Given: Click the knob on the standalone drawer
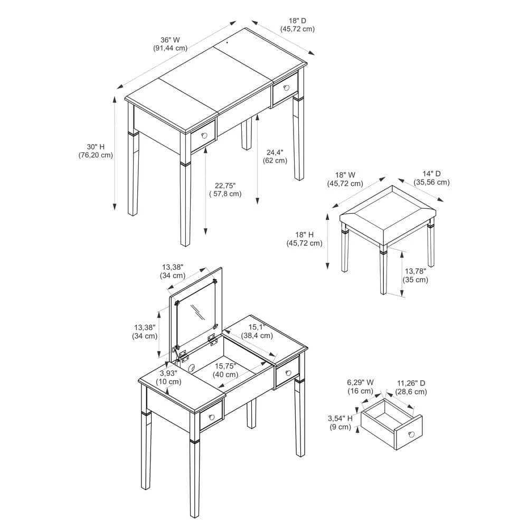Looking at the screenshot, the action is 411,434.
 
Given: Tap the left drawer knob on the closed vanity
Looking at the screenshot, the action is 204,136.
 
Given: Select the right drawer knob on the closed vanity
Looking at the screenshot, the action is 287,88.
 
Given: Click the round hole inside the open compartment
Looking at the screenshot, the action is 192,368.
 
